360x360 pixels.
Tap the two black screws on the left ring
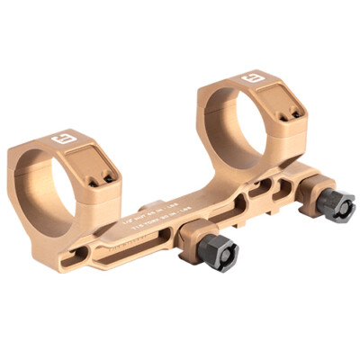point(106,176)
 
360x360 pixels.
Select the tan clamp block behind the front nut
point(193,238)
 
